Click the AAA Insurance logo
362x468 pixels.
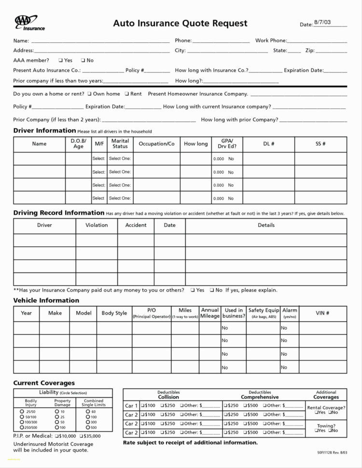point(29,23)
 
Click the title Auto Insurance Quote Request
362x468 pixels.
point(180,23)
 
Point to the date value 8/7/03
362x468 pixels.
point(322,22)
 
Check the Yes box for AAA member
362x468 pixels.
point(60,60)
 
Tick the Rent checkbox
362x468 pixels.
point(126,94)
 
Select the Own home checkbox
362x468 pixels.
point(89,94)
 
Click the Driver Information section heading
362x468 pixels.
point(44,131)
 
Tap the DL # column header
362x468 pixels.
point(268,144)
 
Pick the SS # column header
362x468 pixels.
point(320,144)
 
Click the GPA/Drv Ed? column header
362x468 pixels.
point(227,144)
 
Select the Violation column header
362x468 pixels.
point(97,225)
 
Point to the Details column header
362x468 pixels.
point(266,225)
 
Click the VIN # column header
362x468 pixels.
point(322,313)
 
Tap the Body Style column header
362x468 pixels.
point(114,313)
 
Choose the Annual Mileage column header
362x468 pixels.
point(210,313)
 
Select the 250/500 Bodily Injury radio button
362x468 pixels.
point(22,427)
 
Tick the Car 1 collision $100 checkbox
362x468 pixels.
point(143,406)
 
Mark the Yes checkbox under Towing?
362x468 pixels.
point(316,430)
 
